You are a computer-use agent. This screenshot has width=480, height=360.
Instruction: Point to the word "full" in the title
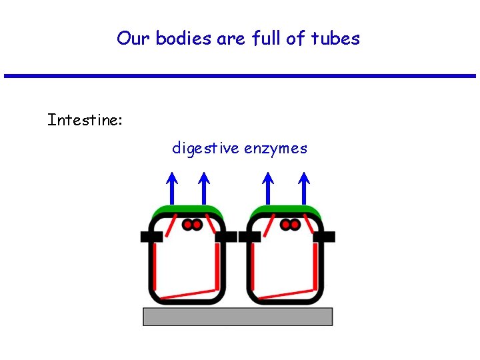pos(267,39)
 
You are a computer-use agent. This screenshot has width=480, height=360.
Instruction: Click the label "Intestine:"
pos(85,121)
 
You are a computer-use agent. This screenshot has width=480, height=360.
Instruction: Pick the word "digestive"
pos(205,148)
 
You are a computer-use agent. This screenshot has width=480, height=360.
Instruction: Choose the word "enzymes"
pos(276,148)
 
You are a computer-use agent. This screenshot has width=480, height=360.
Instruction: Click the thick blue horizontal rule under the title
pos(240,76)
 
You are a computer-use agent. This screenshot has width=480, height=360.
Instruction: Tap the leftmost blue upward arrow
pos(172,188)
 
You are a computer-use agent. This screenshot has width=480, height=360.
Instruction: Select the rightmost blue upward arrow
pos(303,188)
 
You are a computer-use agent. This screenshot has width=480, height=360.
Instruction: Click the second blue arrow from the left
pos(204,188)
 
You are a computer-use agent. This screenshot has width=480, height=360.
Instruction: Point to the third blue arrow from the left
pos(268,188)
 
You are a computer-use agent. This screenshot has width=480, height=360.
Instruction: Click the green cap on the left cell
pos(187,211)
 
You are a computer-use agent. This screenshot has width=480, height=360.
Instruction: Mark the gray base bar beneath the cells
pos(237,317)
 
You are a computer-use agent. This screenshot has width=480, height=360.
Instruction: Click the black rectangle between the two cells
pos(237,237)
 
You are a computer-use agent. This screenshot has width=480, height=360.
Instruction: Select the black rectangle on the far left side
pos(151,237)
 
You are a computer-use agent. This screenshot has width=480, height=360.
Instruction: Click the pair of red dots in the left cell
pos(192,225)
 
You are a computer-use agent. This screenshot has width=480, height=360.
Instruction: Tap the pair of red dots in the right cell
pos(290,225)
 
